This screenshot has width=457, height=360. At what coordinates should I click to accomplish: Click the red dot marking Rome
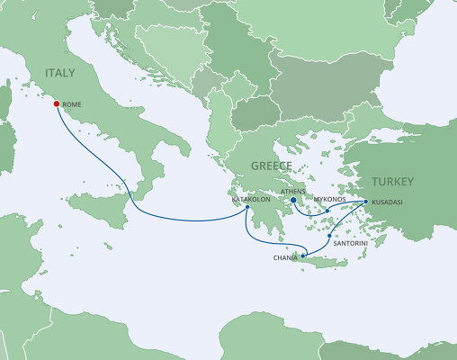(58, 104)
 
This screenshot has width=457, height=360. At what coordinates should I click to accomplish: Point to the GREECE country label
(270, 166)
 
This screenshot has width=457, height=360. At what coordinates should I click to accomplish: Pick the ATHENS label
(294, 191)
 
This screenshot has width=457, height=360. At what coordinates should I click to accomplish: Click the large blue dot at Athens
(293, 201)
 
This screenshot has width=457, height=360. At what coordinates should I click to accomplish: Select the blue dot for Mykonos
(328, 212)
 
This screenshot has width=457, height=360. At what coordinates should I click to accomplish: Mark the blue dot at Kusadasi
(365, 202)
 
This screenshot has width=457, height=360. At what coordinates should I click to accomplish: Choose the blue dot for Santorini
(331, 236)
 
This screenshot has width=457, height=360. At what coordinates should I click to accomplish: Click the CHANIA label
(285, 258)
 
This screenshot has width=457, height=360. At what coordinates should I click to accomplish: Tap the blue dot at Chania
(303, 257)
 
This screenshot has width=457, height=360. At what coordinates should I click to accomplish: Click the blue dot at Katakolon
(248, 209)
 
